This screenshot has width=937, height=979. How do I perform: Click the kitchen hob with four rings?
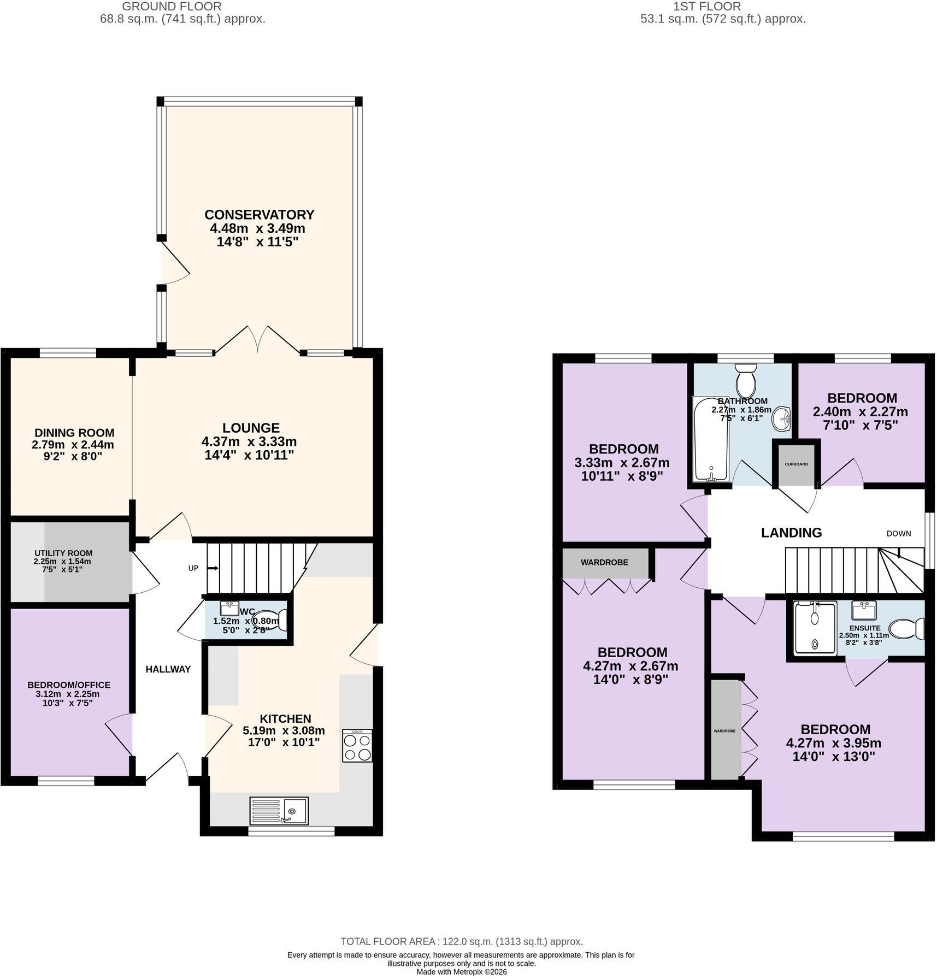click(357, 745)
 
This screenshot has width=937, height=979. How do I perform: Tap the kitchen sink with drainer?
click(279, 810)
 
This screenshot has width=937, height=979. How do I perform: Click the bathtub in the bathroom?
click(711, 439)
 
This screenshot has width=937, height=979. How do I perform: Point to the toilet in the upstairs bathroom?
click(745, 381)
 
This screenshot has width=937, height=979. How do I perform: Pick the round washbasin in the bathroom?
click(782, 419)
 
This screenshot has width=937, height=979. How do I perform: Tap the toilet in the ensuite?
click(906, 629)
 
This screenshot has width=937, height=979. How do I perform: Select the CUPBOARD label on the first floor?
click(796, 464)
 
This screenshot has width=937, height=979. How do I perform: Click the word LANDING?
click(791, 533)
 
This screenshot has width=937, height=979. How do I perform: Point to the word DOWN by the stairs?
click(899, 534)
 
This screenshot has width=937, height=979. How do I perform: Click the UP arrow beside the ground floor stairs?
click(213, 568)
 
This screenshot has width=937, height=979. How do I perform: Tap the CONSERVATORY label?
click(260, 215)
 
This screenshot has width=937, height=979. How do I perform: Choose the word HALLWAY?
click(168, 669)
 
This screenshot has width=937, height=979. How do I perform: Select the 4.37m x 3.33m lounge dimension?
click(249, 441)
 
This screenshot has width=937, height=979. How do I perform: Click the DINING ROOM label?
click(74, 433)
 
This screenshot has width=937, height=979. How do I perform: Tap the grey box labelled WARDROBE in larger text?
click(605, 563)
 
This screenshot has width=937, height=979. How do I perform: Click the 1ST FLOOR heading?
click(707, 7)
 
